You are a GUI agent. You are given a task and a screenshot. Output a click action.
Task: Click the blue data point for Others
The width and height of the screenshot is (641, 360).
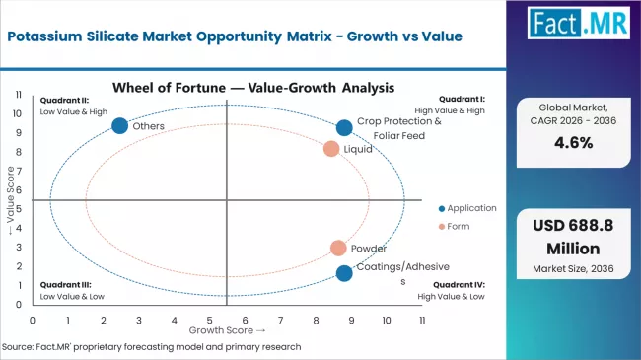click(119, 125)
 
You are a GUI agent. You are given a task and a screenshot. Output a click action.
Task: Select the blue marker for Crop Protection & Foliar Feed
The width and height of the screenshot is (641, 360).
click(344, 127)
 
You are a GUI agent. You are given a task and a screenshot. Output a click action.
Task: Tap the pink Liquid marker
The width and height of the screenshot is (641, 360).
click(331, 149)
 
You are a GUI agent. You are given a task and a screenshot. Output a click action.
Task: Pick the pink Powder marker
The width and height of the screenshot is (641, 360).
click(338, 249)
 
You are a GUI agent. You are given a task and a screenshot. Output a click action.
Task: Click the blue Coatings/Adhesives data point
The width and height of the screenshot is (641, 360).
click(343, 273)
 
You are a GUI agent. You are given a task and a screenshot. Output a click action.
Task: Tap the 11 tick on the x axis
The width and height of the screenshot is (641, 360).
click(422, 321)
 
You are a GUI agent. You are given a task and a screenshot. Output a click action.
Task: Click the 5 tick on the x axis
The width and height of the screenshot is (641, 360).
click(210, 321)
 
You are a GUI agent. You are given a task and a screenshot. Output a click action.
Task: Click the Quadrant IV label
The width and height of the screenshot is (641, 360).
click(463, 285)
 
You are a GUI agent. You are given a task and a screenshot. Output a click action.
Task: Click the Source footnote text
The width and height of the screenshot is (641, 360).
click(151, 347)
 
